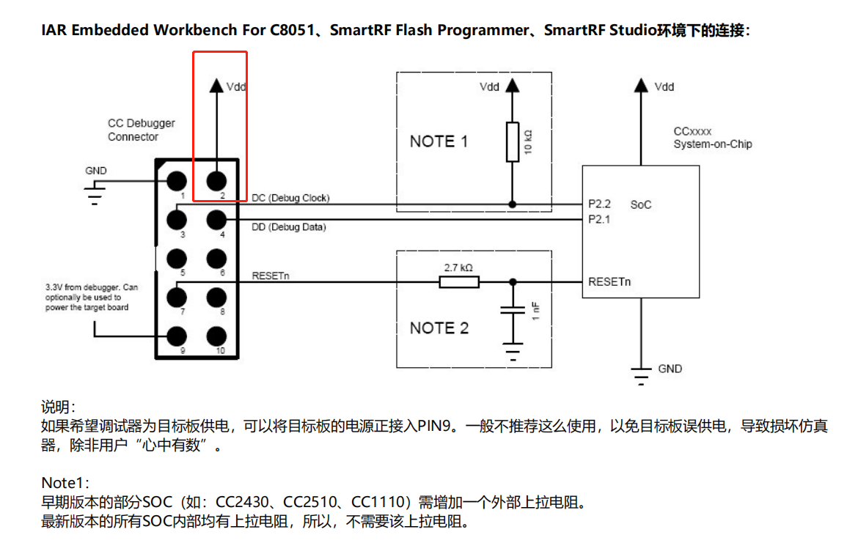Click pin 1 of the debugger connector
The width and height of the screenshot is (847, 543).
point(177,181)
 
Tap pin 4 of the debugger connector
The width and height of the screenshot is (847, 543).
point(216,220)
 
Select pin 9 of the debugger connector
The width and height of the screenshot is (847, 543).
point(177,336)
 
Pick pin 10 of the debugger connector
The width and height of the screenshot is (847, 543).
point(216,336)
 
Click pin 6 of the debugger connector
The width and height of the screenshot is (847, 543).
point(216,259)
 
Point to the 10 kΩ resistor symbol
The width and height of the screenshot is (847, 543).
point(513,142)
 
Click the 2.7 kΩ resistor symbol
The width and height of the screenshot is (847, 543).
point(459,281)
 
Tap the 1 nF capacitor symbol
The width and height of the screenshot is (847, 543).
point(513,310)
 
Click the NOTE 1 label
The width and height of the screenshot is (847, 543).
point(439,141)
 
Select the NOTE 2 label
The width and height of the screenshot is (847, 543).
point(439,328)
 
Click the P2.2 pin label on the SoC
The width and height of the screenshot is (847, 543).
point(599,204)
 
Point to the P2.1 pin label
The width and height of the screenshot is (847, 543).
point(599,219)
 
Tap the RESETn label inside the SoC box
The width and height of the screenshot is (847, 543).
point(609,281)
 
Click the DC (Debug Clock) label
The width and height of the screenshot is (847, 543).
point(290,198)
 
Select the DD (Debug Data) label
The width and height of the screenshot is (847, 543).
point(289,227)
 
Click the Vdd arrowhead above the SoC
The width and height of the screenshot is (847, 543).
point(641,85)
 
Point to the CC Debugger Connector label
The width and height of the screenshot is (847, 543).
point(141,130)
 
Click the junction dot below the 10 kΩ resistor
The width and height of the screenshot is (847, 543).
point(513,204)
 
